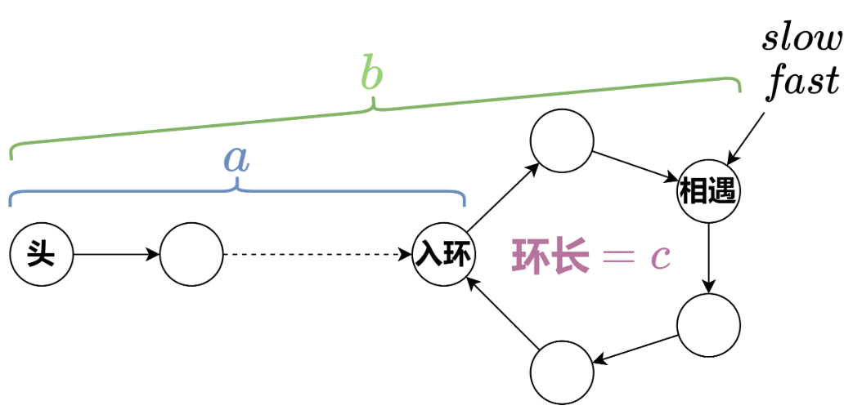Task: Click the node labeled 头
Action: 41,255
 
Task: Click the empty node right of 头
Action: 191,255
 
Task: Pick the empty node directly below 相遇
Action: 708,325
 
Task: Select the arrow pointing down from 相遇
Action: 708,259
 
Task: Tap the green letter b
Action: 372,75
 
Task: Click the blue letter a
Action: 236,160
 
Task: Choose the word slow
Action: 801,39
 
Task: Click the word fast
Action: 802,82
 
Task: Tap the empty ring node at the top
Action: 561,141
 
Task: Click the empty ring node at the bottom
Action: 561,374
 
